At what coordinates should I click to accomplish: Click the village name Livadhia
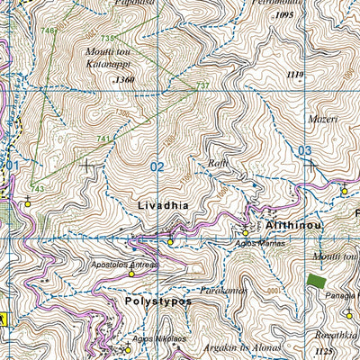coord(163,206)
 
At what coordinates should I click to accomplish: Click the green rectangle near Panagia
coord(316,281)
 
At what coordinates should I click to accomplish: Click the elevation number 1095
coord(285,15)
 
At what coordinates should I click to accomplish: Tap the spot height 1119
coord(294,74)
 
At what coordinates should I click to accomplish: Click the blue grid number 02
coord(157,166)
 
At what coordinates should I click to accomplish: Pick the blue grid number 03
coord(305,150)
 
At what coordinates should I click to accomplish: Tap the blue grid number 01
coord(12,166)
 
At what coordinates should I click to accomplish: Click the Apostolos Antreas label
coord(124,265)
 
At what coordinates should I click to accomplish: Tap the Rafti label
coord(216,164)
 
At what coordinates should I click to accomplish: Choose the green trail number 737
coord(202,85)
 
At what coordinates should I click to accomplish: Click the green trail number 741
coord(103,139)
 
